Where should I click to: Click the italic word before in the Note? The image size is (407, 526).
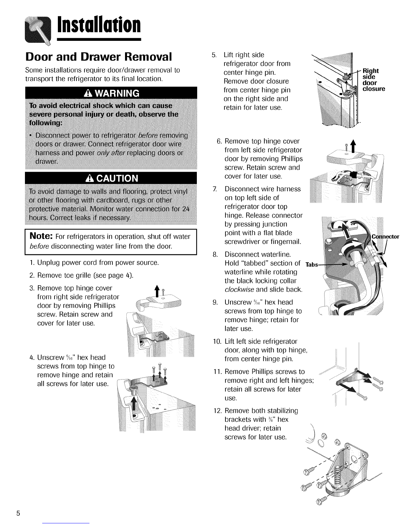38,246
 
